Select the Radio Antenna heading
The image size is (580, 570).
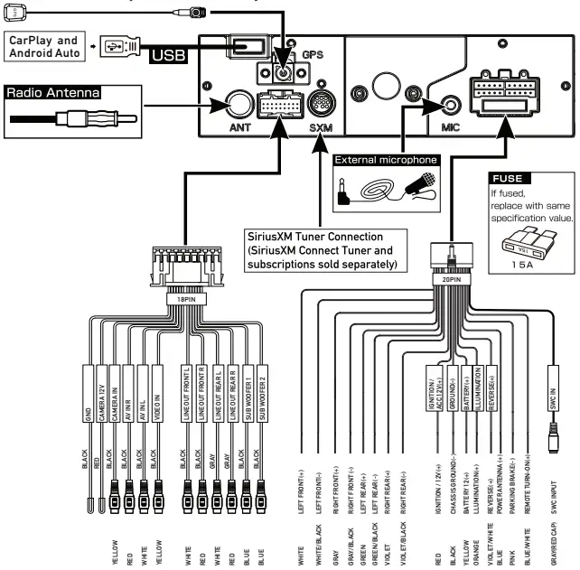[52, 92]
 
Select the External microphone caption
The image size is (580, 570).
[386, 160]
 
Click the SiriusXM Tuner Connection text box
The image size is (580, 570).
[323, 248]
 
